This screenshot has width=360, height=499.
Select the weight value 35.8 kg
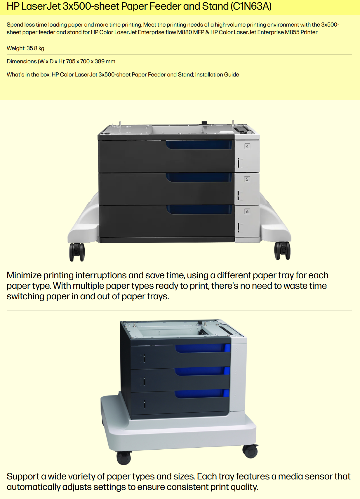click(35, 48)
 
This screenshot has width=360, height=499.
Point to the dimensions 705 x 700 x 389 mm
click(91, 62)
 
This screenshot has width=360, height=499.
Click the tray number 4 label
click(247, 146)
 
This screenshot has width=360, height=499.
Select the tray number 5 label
click(247, 179)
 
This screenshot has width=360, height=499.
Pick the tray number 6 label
click(247, 211)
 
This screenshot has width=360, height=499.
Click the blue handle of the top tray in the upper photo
click(199, 145)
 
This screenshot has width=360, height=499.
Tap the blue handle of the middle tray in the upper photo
click(199, 178)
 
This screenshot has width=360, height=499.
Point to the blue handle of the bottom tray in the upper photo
click(199, 210)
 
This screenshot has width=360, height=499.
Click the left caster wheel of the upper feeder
click(77, 252)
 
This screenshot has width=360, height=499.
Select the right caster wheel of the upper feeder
click(282, 251)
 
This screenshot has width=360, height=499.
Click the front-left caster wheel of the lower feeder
click(124, 458)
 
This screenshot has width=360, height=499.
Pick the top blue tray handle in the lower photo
click(203, 348)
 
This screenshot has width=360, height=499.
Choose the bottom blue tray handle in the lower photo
click(202, 394)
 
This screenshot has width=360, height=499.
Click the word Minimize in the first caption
click(24, 275)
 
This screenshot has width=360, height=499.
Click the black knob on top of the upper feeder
click(204, 123)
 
